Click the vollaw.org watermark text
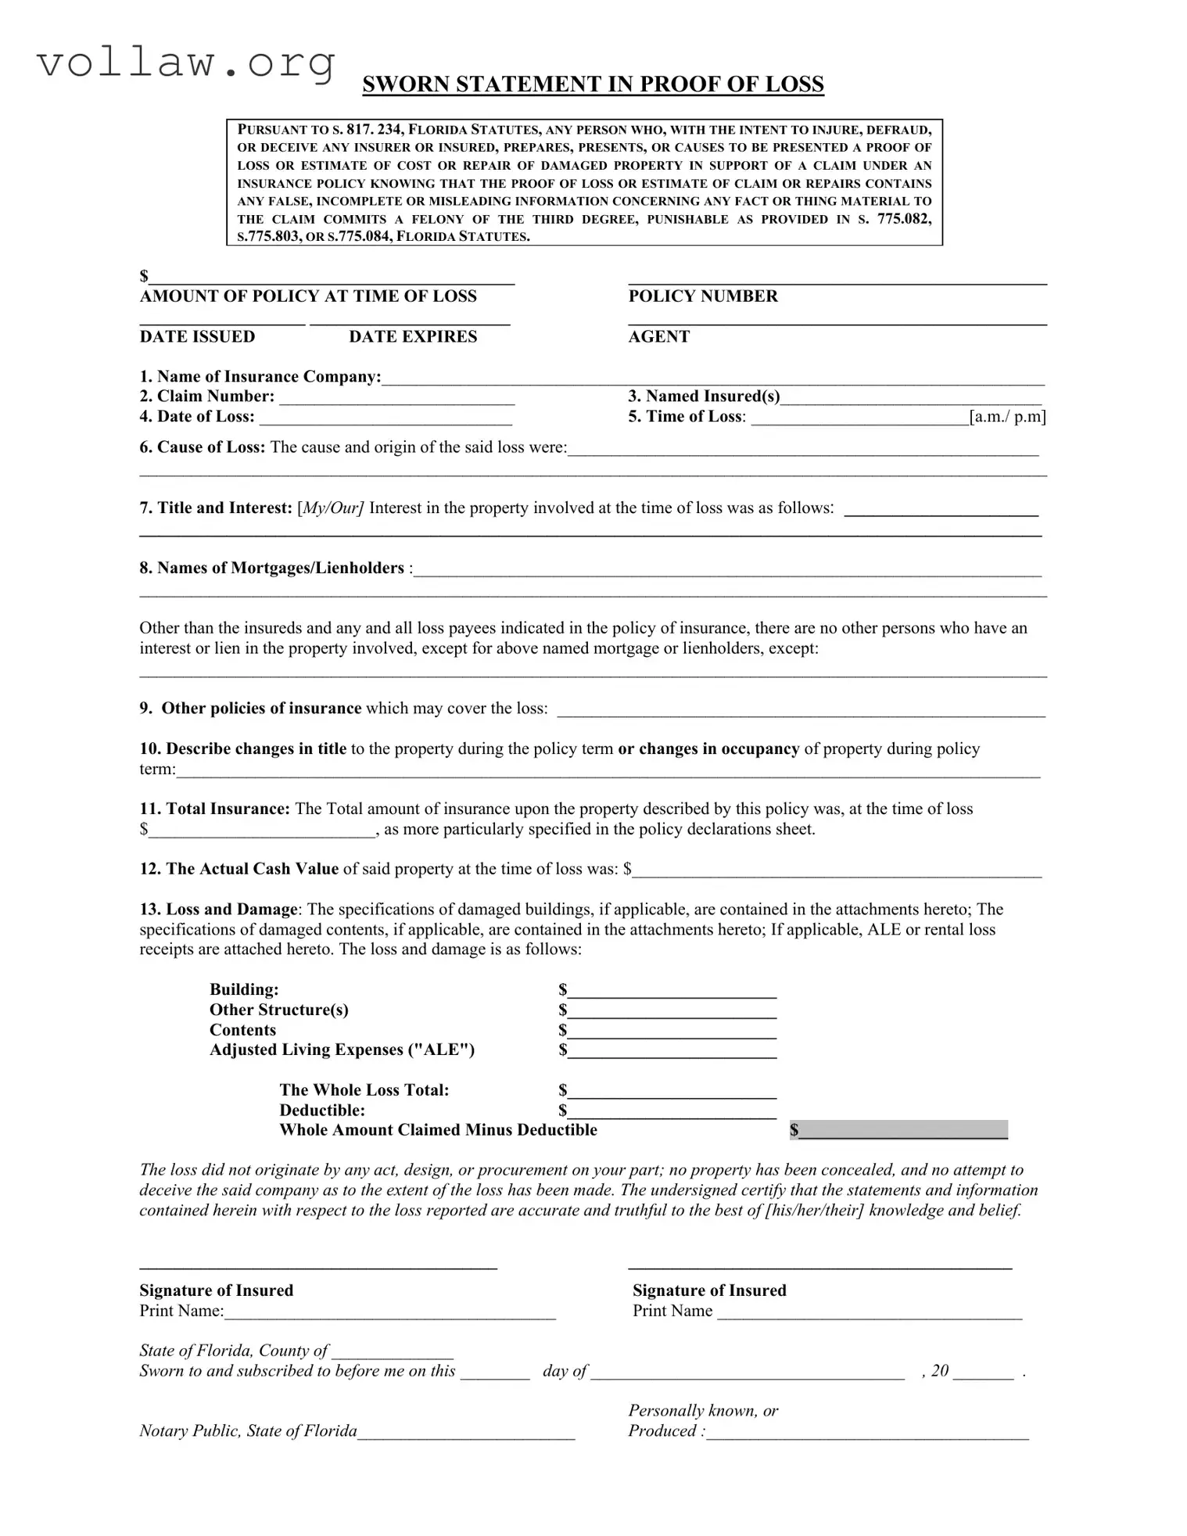click(x=186, y=62)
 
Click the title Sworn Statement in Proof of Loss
click(x=593, y=84)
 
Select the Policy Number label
click(x=703, y=296)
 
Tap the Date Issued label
click(x=197, y=337)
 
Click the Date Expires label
click(x=413, y=337)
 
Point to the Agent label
click(x=658, y=337)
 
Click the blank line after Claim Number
click(x=396, y=399)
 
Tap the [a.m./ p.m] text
click(x=1007, y=417)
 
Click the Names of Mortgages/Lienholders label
click(x=272, y=569)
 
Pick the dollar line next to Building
click(x=672, y=993)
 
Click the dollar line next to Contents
click(x=672, y=1034)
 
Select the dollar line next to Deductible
click(x=672, y=1114)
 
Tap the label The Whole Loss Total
click(x=364, y=1090)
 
